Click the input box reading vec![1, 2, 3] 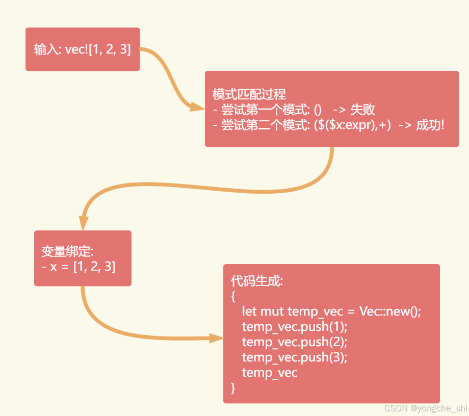click(83, 49)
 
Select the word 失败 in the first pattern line click(363, 110)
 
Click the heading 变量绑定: click(67, 251)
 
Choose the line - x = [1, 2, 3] click(79, 266)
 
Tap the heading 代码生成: click(256, 281)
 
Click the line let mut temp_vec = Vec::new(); click(331, 311)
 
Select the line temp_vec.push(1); click(294, 326)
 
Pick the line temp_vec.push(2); click(294, 342)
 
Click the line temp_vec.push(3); click(294, 357)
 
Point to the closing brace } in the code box click(233, 387)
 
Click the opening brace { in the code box click(233, 296)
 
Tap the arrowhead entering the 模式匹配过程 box click(198, 107)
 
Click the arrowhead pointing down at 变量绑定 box click(84, 223)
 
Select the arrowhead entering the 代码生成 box click(216, 337)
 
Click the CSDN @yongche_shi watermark click(426, 408)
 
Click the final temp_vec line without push click(270, 372)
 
